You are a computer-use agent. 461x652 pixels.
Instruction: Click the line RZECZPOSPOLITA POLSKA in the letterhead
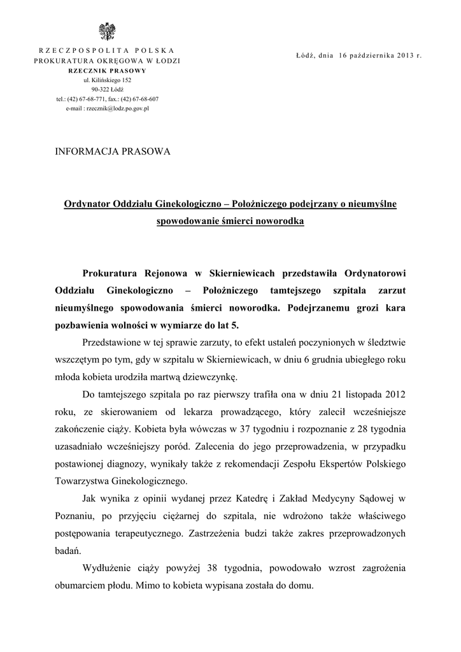(106, 50)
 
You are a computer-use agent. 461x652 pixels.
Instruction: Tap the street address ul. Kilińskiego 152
(106, 80)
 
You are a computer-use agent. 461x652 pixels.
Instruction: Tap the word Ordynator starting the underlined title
(87, 204)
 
